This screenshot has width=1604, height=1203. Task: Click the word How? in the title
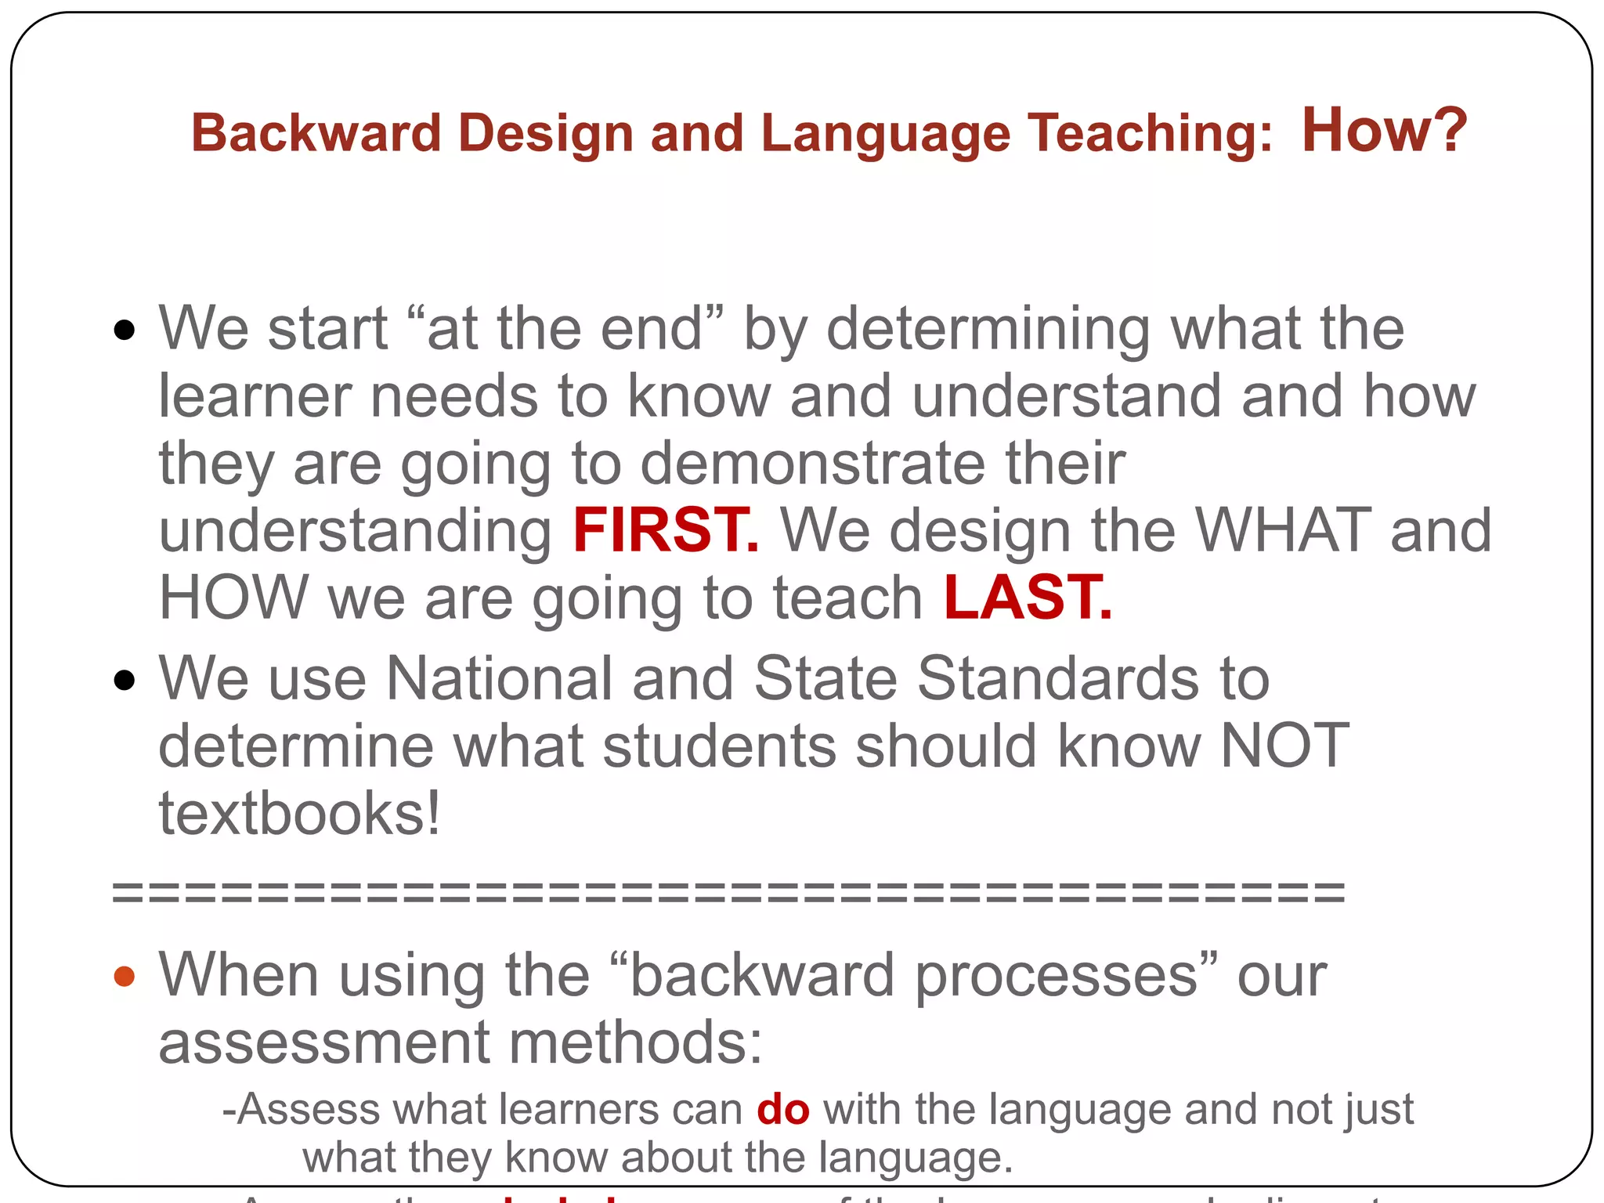pos(1383,131)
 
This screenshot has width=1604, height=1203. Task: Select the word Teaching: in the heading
pos(1150,133)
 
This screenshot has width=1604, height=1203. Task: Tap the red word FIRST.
pos(665,530)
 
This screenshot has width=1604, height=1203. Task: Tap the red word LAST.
pos(1027,598)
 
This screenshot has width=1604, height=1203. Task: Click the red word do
pos(782,1110)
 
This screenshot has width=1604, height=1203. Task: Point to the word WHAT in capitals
pos(1282,530)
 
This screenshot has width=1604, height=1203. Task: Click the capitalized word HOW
pos(233,598)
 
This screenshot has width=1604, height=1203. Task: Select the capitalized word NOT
pos(1284,745)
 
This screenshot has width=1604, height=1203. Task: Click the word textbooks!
pos(300,813)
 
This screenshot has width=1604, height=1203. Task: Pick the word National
pos(499,677)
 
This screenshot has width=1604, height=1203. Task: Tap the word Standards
pos(1057,677)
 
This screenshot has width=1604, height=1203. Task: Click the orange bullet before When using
pos(124,976)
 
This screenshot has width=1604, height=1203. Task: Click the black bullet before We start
pos(124,330)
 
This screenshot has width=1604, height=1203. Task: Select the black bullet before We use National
pos(124,679)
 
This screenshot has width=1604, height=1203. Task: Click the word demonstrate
pos(812,463)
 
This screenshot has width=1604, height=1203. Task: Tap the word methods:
pos(635,1042)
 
